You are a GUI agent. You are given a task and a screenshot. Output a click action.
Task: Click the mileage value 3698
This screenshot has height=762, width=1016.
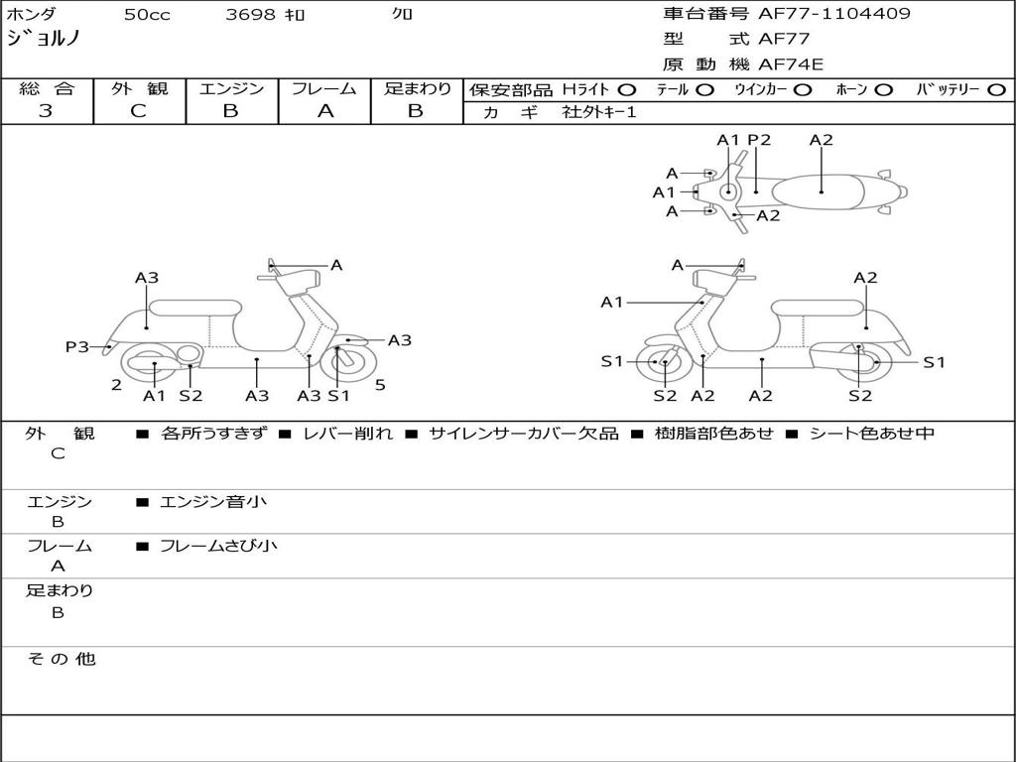(x=251, y=15)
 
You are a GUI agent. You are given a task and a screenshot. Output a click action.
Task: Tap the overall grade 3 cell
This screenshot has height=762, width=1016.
(x=46, y=111)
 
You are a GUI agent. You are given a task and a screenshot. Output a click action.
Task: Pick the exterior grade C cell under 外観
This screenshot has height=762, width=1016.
(x=139, y=111)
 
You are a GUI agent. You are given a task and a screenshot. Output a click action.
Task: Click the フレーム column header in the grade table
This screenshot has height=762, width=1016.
(x=324, y=88)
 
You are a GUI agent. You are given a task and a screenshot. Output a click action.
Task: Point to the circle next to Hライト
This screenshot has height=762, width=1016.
(x=626, y=89)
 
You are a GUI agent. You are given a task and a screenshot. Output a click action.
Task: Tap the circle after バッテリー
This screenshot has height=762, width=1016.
(x=996, y=89)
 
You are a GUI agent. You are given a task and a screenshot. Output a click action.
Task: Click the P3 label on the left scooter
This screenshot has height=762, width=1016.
(x=77, y=346)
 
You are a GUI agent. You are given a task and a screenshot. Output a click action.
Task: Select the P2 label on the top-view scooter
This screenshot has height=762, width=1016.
(x=759, y=140)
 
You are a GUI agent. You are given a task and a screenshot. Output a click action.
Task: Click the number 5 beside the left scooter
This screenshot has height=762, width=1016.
(x=380, y=385)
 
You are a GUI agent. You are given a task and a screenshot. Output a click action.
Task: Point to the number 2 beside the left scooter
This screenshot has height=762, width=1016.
(x=116, y=385)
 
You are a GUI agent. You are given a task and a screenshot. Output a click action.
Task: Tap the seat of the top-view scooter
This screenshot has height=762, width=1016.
(x=822, y=189)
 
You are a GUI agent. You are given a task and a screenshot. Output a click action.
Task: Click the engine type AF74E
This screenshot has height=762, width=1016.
(x=791, y=64)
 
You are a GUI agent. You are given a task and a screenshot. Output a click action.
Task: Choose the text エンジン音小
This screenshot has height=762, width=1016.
(x=213, y=502)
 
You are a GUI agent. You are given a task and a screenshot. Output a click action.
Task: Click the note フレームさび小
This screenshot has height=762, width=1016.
(x=218, y=546)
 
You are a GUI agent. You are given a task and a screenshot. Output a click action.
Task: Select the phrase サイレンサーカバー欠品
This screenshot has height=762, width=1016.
(x=523, y=434)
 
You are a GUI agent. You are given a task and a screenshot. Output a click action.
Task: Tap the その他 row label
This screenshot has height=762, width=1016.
(x=61, y=659)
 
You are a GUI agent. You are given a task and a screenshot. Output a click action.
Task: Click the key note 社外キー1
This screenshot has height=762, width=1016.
(x=599, y=112)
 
